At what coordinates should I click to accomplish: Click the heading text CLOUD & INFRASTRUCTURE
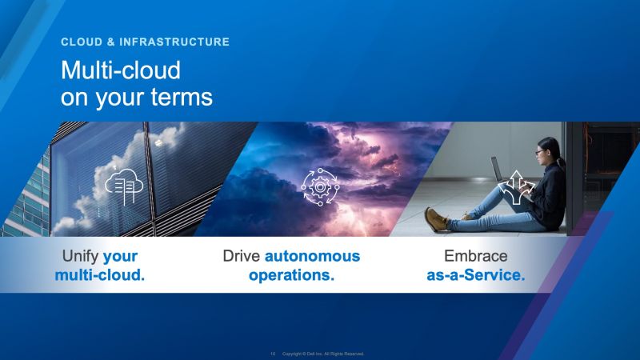pyautogui.click(x=145, y=42)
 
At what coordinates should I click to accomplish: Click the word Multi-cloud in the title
pyautogui.click(x=121, y=70)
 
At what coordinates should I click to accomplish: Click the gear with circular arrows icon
pyautogui.click(x=319, y=186)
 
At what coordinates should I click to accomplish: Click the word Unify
pyautogui.click(x=81, y=257)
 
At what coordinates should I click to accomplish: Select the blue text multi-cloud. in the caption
pyautogui.click(x=100, y=276)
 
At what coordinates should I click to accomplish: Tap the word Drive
pyautogui.click(x=242, y=257)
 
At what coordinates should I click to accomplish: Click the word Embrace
pyautogui.click(x=475, y=257)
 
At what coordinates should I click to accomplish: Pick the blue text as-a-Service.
pyautogui.click(x=475, y=276)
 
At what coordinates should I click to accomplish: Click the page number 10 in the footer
pyautogui.click(x=273, y=353)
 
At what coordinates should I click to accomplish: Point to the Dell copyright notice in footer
pyautogui.click(x=324, y=353)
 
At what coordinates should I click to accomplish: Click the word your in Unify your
pyautogui.click(x=121, y=257)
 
